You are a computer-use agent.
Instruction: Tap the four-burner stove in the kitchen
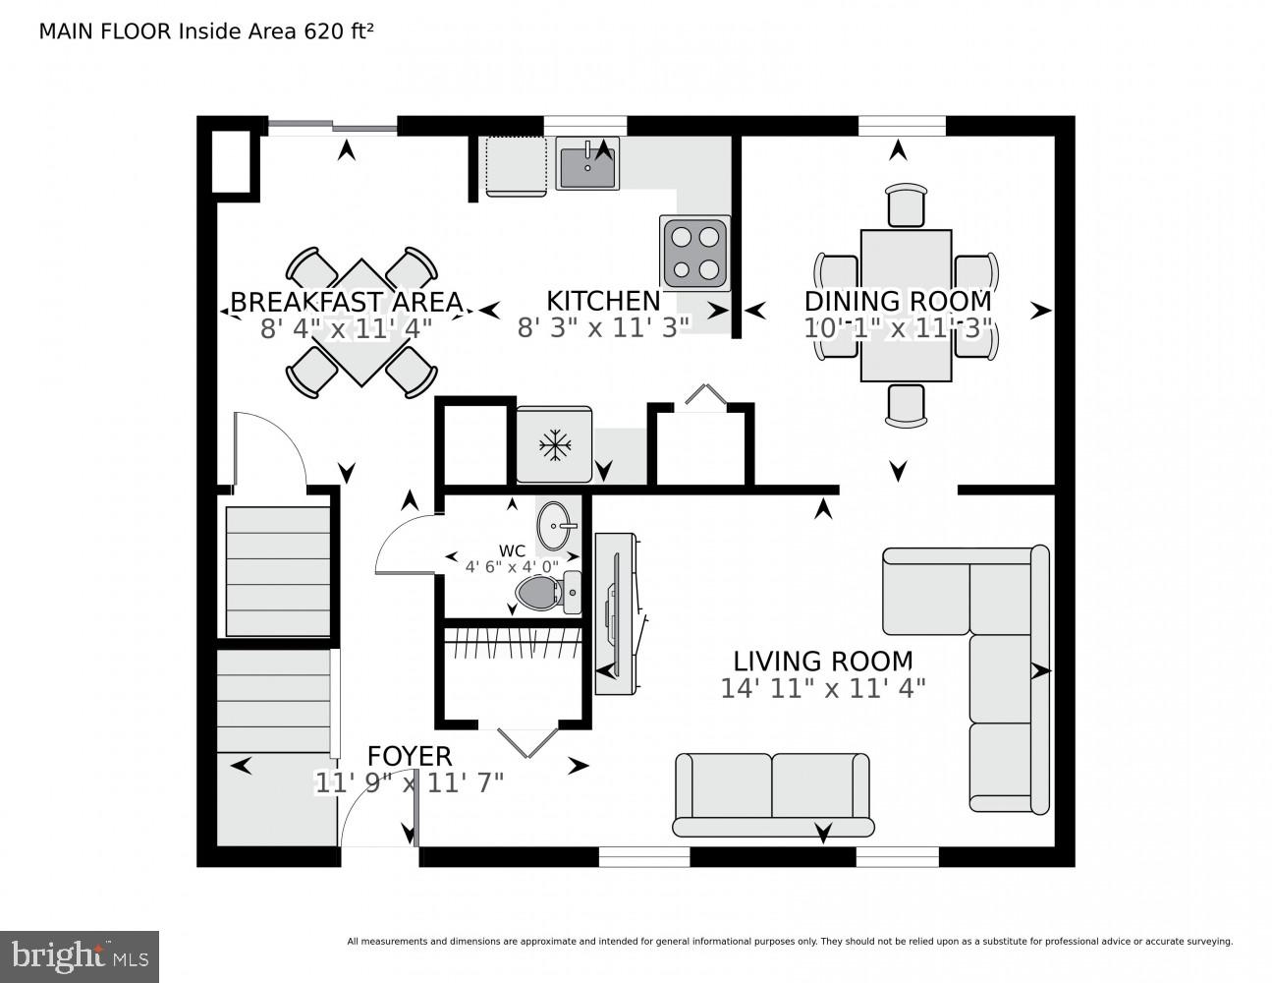click(695, 253)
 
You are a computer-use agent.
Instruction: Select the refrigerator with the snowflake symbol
click(554, 444)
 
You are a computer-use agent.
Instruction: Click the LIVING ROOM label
click(823, 662)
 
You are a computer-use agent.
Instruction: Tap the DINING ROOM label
click(898, 301)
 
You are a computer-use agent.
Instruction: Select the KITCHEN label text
click(603, 301)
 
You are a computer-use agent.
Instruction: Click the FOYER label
click(410, 756)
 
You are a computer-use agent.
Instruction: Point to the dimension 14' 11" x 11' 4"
click(823, 688)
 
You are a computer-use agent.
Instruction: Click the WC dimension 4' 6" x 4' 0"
click(512, 567)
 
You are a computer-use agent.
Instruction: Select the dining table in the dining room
click(906, 305)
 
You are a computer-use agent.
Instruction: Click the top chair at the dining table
click(906, 205)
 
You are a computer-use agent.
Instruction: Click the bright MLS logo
click(80, 955)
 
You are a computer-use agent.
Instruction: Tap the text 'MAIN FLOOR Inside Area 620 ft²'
click(205, 31)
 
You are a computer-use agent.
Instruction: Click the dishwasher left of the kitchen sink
click(516, 166)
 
